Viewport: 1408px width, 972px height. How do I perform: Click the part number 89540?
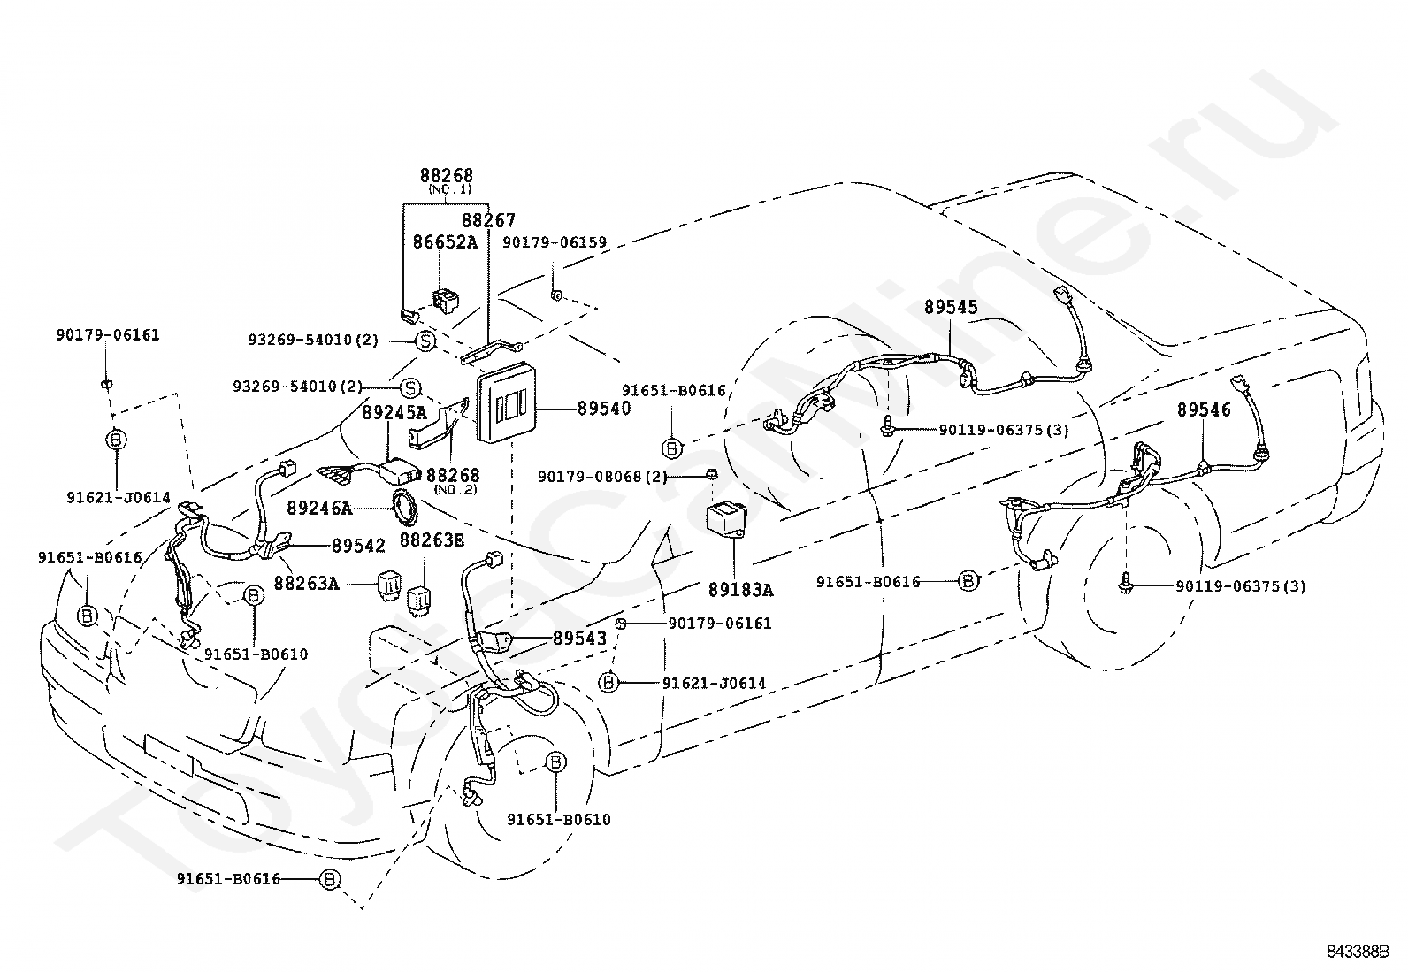pos(603,409)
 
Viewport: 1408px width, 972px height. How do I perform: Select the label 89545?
pos(951,307)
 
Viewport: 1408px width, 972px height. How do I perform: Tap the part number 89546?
pos(1203,409)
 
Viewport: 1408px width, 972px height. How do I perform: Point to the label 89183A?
pos(740,590)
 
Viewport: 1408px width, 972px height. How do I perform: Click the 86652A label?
pos(445,242)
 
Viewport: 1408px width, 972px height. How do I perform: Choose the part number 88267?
pos(488,220)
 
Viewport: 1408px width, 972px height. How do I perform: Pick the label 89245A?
pos(394,412)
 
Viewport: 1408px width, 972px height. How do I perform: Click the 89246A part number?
pos(319,508)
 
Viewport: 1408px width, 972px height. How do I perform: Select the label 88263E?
pos(432,540)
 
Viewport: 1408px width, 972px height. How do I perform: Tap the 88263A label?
pos(306,584)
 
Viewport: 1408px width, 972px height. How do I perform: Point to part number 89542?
pos(358,546)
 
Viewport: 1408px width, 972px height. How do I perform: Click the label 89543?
pos(579,639)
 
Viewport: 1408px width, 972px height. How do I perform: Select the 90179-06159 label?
pos(555,242)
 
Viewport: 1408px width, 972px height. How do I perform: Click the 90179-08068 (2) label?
pos(602,477)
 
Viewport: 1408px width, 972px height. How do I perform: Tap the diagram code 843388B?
pos(1358,952)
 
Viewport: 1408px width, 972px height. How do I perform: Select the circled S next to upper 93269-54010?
pos(425,341)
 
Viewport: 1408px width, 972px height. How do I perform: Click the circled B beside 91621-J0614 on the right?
pos(608,682)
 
